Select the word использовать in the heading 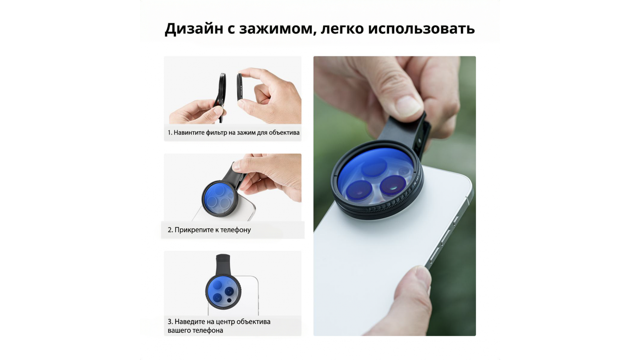pos(421,29)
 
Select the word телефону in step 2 pos(235,230)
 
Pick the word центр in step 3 pos(225,322)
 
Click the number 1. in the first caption pos(170,133)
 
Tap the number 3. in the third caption pos(170,322)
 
